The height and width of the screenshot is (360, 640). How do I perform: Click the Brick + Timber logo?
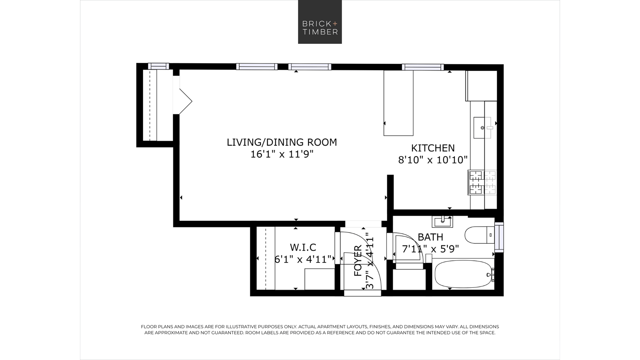pos(320,22)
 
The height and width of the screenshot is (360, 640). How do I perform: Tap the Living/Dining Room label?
pos(282,142)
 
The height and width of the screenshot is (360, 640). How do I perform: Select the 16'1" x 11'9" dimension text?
pos(282,154)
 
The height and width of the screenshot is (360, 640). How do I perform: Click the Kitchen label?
pos(433,148)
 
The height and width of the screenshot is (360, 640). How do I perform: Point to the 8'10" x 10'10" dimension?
pos(433,160)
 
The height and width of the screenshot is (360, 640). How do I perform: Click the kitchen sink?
pos(482,128)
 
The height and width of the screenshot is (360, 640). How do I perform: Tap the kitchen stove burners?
pos(482,182)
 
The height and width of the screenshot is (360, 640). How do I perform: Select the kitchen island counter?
pos(398,103)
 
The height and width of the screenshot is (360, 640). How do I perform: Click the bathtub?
pos(463,274)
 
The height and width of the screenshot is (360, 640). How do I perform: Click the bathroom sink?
pos(442,221)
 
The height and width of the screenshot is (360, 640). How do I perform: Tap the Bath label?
pos(430,237)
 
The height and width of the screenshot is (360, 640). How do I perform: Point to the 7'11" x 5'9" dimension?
pos(430,249)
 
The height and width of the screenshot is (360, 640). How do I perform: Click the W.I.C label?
pos(303,247)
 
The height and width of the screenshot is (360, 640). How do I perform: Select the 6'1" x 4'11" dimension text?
pos(303,259)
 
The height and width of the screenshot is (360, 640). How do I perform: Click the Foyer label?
pos(358,260)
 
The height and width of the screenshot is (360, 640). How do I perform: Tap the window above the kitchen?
pos(423,67)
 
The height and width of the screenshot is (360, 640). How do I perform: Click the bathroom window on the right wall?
pos(499,237)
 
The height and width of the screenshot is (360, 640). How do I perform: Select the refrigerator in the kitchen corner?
pos(481,85)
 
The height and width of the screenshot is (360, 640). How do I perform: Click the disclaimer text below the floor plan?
pos(320,330)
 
